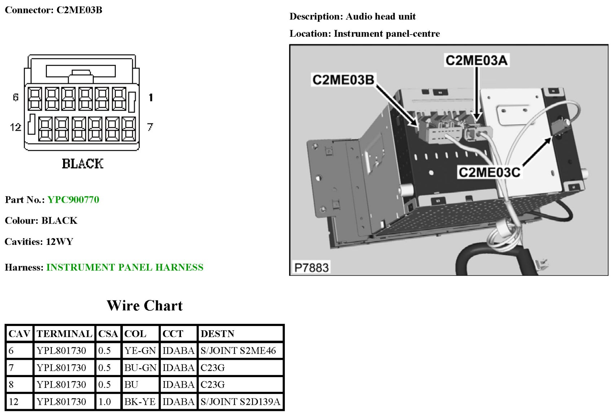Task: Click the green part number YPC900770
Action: point(73,200)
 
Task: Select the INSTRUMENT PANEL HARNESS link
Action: point(125,267)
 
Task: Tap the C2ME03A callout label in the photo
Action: point(477,60)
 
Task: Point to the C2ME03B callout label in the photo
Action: point(343,80)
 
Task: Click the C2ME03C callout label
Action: point(489,173)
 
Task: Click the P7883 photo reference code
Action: point(311,268)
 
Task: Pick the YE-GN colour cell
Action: point(140,350)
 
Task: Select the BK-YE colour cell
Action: point(140,402)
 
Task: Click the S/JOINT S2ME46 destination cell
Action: point(238,350)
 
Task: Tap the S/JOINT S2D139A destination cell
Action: point(240,402)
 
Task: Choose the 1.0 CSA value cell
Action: point(105,402)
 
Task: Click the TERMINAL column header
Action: point(64,334)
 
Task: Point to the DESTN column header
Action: point(217,334)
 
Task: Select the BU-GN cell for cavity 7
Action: point(140,368)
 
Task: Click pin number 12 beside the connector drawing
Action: point(16,127)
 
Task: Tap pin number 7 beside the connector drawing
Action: point(150,127)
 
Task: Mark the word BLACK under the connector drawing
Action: point(83,164)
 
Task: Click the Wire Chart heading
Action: point(145,306)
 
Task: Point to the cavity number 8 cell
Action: point(12,385)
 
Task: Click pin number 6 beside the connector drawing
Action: point(16,97)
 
